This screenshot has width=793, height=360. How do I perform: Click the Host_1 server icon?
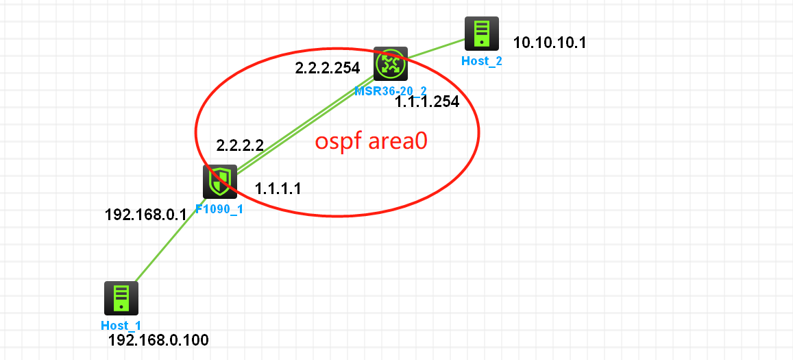coord(121,298)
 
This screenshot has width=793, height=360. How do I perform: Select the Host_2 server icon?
coord(481,34)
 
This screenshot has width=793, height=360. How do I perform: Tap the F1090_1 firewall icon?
coord(220,182)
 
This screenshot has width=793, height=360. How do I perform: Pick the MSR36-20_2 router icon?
coord(391,64)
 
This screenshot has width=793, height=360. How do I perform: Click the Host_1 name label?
coord(121,326)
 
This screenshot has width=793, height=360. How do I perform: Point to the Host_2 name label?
coord(481,61)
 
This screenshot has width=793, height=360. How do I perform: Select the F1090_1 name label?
coord(219,209)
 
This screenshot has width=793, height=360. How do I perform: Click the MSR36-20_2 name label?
coord(391,91)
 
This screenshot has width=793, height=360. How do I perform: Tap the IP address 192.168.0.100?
coord(158,340)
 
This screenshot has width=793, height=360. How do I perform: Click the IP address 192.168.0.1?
coord(145,215)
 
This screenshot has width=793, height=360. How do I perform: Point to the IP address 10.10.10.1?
coord(550,43)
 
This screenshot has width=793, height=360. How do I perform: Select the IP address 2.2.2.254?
coord(328,68)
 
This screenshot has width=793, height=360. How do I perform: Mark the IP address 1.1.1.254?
coord(427,102)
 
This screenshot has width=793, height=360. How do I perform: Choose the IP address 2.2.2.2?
coord(240,145)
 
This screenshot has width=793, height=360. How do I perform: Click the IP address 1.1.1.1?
coord(278,188)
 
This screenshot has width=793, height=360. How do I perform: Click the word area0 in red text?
coord(399,142)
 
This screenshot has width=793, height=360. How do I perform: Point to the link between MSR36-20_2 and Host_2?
coord(436,49)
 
